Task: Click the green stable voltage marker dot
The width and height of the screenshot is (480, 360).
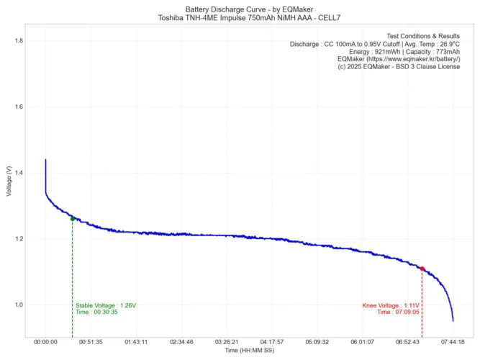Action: tap(73, 218)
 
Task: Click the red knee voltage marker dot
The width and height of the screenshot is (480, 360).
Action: tap(422, 269)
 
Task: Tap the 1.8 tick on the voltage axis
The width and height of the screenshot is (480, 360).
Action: tap(19, 41)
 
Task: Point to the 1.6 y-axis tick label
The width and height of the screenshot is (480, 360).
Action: tap(19, 107)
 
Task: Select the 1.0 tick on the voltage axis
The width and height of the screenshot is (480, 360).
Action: tap(19, 305)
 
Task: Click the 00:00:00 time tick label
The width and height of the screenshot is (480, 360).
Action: tap(45, 342)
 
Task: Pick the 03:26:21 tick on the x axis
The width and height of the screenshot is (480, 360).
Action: tap(227, 342)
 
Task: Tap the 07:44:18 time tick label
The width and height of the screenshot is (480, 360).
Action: tap(453, 342)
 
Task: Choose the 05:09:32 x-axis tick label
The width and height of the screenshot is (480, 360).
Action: tap(317, 342)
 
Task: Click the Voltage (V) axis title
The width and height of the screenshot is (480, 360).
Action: tap(8, 181)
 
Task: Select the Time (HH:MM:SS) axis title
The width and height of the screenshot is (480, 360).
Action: tap(249, 351)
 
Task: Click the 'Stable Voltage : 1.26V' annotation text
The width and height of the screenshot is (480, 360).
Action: tap(106, 306)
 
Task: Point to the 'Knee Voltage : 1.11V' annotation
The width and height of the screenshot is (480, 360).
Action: tap(391, 306)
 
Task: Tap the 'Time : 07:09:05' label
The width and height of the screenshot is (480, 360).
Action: tap(398, 312)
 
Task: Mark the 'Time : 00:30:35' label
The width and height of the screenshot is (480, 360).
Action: tap(96, 312)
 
